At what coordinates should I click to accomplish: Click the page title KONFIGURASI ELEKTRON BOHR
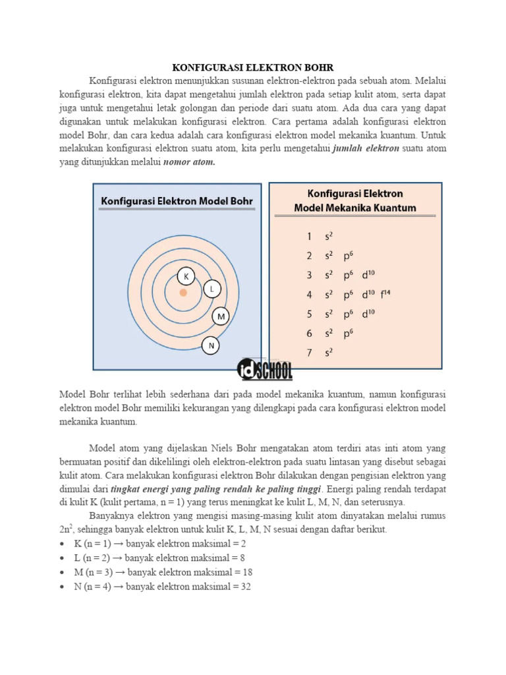[x=253, y=68]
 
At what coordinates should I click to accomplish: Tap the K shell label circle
[x=186, y=277]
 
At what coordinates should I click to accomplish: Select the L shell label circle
[x=211, y=289]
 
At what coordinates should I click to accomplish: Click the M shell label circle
[x=221, y=316]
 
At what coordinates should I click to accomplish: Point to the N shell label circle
[x=211, y=345]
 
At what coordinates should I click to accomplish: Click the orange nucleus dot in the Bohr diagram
[x=183, y=292]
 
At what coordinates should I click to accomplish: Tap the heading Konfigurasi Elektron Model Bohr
[x=176, y=201]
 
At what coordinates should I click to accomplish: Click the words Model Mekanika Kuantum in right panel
[x=355, y=208]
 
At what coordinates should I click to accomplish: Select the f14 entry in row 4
[x=393, y=294]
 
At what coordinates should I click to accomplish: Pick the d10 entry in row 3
[x=368, y=275]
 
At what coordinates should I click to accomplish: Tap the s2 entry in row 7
[x=328, y=353]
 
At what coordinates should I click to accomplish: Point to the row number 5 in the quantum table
[x=309, y=314]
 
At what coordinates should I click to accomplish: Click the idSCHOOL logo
[x=265, y=369]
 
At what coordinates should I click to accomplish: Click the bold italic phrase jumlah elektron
[x=366, y=148]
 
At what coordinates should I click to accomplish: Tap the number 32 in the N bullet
[x=244, y=586]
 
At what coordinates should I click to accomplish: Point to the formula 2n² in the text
[x=66, y=529]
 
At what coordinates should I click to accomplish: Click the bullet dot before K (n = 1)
[x=62, y=544]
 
